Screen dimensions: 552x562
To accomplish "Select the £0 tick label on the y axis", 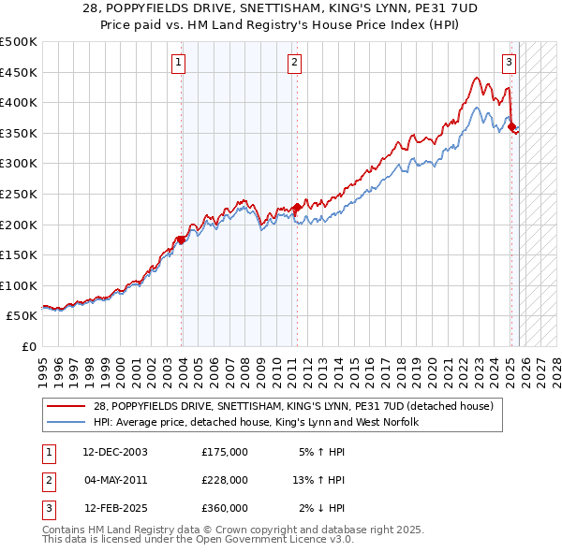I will pos(29,346).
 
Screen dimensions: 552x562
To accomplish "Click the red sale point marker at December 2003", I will pos(181,240).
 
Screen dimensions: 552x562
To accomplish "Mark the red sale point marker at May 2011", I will pos(297,208).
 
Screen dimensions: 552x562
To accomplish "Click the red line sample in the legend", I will pos(66,406).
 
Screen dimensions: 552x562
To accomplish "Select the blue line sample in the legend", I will pos(66,423).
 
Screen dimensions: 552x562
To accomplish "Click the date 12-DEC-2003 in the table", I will pos(115,452).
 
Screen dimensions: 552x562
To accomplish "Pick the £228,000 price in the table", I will pos(225,480).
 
